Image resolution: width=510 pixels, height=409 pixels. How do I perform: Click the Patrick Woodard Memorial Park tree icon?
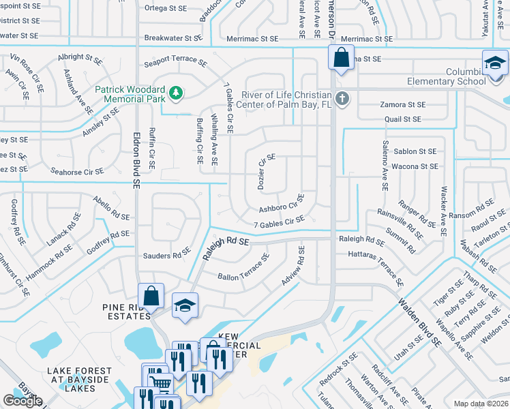click(x=176, y=91)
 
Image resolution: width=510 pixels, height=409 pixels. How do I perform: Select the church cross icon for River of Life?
click(x=342, y=99)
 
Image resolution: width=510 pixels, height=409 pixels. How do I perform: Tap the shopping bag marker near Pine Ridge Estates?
click(x=151, y=296)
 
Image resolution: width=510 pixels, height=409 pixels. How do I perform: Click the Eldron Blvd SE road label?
click(x=136, y=160)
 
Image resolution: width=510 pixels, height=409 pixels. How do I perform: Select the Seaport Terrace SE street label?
click(x=175, y=62)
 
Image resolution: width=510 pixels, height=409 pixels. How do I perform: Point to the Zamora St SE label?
click(x=402, y=105)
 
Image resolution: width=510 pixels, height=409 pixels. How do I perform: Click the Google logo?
click(x=22, y=401)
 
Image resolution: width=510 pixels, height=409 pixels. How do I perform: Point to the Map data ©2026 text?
click(x=481, y=404)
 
